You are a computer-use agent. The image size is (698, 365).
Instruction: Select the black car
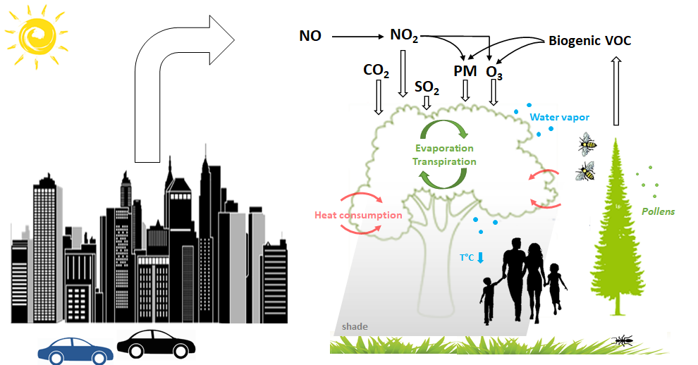pyautogui.click(x=156, y=344)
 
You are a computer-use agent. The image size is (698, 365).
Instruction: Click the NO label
pyautogui.click(x=310, y=36)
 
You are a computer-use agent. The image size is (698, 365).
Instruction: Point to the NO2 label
pyautogui.click(x=404, y=35)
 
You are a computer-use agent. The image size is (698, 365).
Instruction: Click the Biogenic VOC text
pyautogui.click(x=590, y=41)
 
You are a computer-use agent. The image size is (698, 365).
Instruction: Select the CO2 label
pyautogui.click(x=376, y=70)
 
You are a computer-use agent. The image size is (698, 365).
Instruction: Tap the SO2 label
pyautogui.click(x=427, y=87)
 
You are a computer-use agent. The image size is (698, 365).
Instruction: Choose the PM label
pyautogui.click(x=465, y=70)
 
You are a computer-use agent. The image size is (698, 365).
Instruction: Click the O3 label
pyautogui.click(x=494, y=73)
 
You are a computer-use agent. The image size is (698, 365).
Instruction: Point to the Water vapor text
pyautogui.click(x=560, y=118)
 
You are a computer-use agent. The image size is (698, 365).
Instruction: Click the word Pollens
pyautogui.click(x=658, y=212)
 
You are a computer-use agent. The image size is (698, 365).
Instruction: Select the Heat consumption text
pyautogui.click(x=358, y=216)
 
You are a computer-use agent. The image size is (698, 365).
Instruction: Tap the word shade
pyautogui.click(x=355, y=327)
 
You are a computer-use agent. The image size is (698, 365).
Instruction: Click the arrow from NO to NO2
pyautogui.click(x=358, y=37)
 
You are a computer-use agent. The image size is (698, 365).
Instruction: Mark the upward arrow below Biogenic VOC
pyautogui.click(x=616, y=92)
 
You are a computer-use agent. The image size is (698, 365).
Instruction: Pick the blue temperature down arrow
pyautogui.click(x=480, y=258)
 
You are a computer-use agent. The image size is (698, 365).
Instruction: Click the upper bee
pyautogui.click(x=587, y=144)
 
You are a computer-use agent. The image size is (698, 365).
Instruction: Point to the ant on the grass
pyautogui.click(x=622, y=341)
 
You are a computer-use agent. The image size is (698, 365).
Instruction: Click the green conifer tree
pyautogui.click(x=616, y=227)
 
